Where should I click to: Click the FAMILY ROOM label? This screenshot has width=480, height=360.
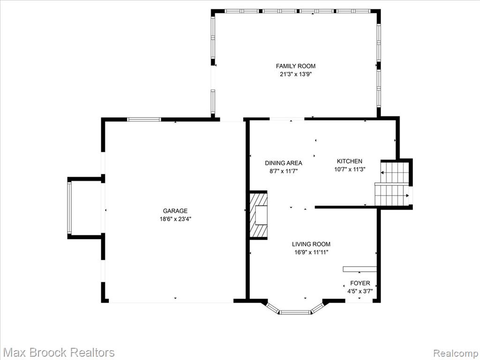coord(295,66)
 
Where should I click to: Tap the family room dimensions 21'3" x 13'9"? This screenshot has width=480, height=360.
coord(295,74)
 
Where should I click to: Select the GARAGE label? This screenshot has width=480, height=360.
coord(175,210)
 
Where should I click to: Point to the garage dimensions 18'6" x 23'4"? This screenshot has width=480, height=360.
coord(175,219)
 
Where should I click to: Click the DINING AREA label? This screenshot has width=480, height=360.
coord(284,163)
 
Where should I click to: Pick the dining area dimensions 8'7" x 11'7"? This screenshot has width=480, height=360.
coord(284,172)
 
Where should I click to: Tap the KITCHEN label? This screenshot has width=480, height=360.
coord(350,161)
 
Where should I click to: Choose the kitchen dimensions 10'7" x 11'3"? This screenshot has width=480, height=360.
coord(350,169)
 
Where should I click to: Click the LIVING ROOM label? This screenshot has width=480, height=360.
coord(311,244)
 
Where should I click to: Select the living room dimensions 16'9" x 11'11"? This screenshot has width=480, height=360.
coord(311,252)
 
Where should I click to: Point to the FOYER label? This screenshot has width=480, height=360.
coord(360,283)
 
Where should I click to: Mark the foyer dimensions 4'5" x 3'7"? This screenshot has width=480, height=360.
coord(360,292)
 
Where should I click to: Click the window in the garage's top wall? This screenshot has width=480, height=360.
coord(144,120)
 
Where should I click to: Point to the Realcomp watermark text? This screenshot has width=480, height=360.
coord(455,353)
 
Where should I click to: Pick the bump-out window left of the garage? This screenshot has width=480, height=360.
coord(69,208)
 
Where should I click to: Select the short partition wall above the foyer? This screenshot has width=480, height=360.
coord(360,269)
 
